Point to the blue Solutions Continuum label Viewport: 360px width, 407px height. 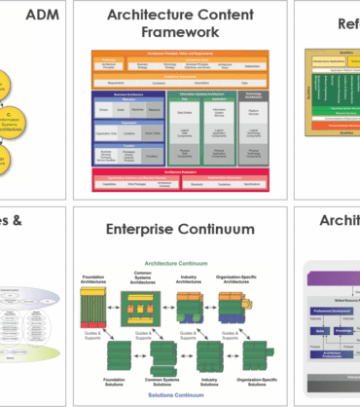click(181, 396)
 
